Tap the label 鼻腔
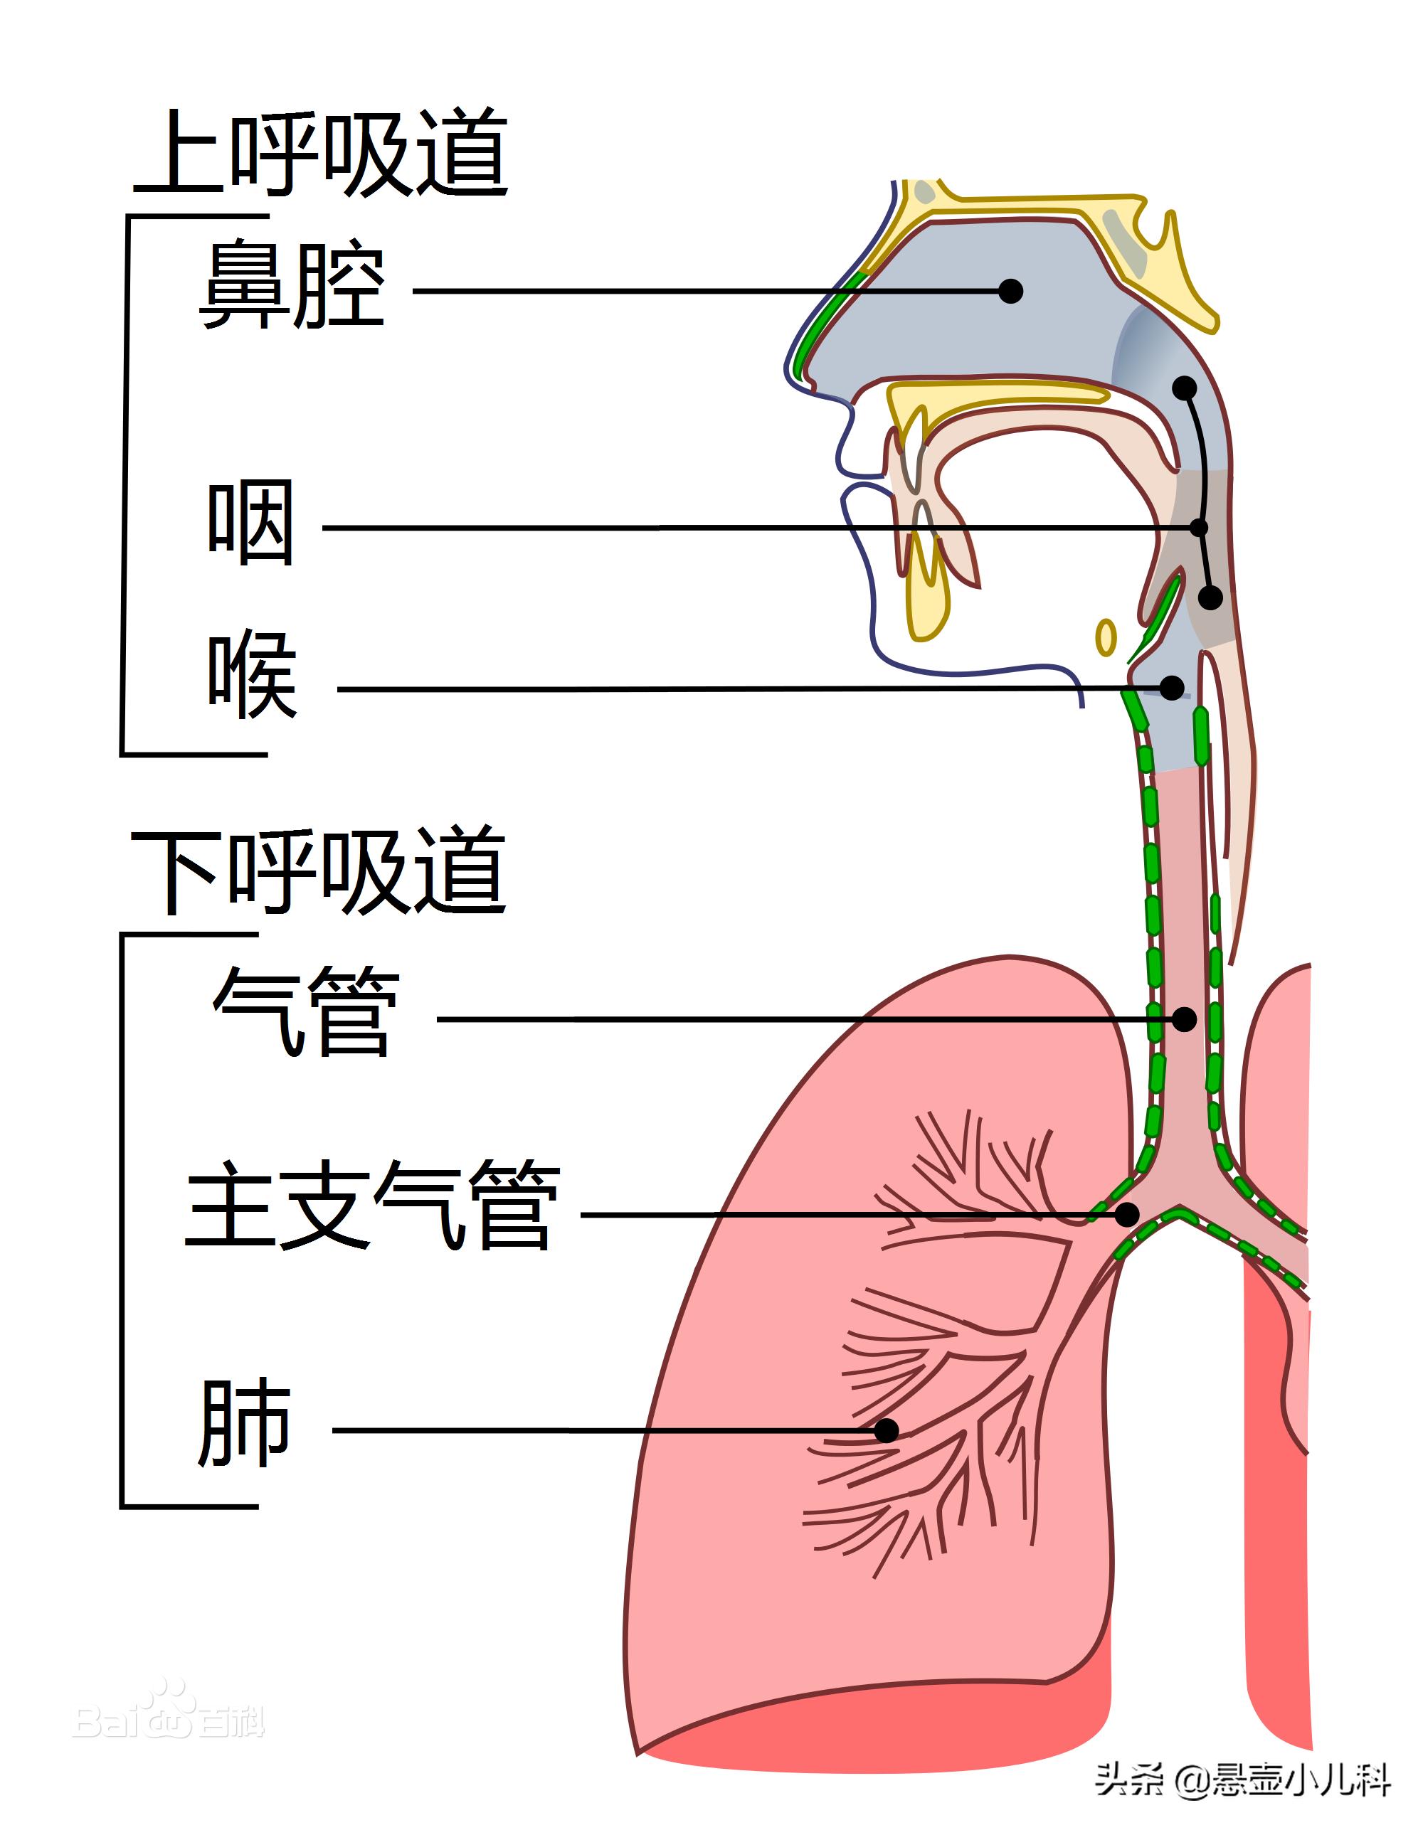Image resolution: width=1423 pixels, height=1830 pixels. [x=292, y=285]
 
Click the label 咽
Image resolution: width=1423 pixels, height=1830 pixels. [x=250, y=523]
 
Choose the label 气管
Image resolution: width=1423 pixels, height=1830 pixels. [x=306, y=1012]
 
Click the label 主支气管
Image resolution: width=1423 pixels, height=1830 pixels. [x=373, y=1206]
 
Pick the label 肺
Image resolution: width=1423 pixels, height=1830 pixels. [x=245, y=1424]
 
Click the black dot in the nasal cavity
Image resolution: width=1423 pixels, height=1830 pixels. [x=1012, y=291]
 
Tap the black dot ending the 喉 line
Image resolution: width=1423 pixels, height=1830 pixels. [x=1172, y=688]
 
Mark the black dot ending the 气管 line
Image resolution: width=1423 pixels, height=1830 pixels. [x=1184, y=1020]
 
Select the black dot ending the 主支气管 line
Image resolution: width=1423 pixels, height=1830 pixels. [x=1127, y=1214]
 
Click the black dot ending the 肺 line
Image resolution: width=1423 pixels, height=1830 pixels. [x=887, y=1430]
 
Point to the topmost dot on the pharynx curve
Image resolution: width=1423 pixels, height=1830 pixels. [x=1184, y=388]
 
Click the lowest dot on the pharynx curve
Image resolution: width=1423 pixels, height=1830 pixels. [x=1210, y=597]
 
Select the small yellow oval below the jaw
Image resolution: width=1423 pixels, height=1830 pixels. [x=1106, y=637]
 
